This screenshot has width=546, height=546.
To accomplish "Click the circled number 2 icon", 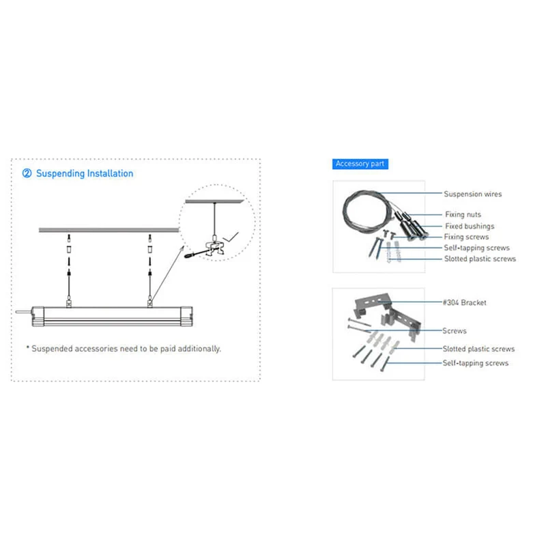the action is tap(27, 173).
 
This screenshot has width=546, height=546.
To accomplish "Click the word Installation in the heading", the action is tap(110, 173).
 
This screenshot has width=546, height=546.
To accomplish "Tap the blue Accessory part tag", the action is tap(360, 164).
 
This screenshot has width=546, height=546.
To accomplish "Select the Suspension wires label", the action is tap(472, 194).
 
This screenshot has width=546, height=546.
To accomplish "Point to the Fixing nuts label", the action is tap(463, 214).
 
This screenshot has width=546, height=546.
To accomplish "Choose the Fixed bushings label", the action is tap(470, 227).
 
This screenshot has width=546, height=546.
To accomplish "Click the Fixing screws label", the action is tap(466, 237).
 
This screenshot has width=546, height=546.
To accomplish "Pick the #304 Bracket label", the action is tap(464, 302).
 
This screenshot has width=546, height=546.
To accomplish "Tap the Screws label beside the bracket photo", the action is tap(454, 331).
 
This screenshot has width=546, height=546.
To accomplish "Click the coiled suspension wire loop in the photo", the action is tap(344, 212).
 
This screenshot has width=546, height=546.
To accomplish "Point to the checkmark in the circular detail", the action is tap(231, 237).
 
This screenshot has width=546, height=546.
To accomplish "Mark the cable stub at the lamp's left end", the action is tap(24, 312).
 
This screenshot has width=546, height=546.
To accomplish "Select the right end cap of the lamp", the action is tap(186, 316).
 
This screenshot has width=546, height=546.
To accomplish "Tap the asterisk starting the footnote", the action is tap(27, 347).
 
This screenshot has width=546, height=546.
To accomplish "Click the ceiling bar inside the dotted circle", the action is tap(214, 201).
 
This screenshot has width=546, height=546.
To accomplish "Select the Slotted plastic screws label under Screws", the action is tap(478, 349).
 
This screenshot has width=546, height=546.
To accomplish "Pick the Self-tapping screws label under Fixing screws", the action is tap(476, 248).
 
